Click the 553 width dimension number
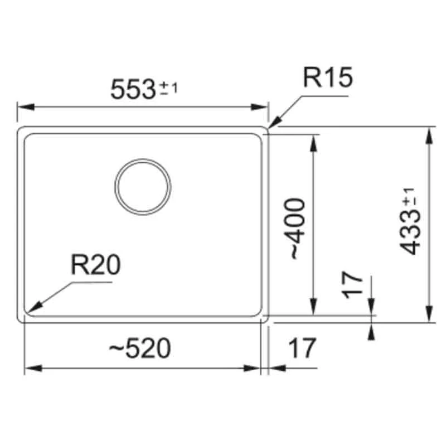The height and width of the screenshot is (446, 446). click(x=132, y=89)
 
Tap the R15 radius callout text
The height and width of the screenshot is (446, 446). click(x=327, y=79)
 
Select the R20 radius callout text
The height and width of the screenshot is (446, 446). click(x=95, y=266)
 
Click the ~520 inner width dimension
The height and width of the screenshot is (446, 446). click(x=139, y=349)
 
